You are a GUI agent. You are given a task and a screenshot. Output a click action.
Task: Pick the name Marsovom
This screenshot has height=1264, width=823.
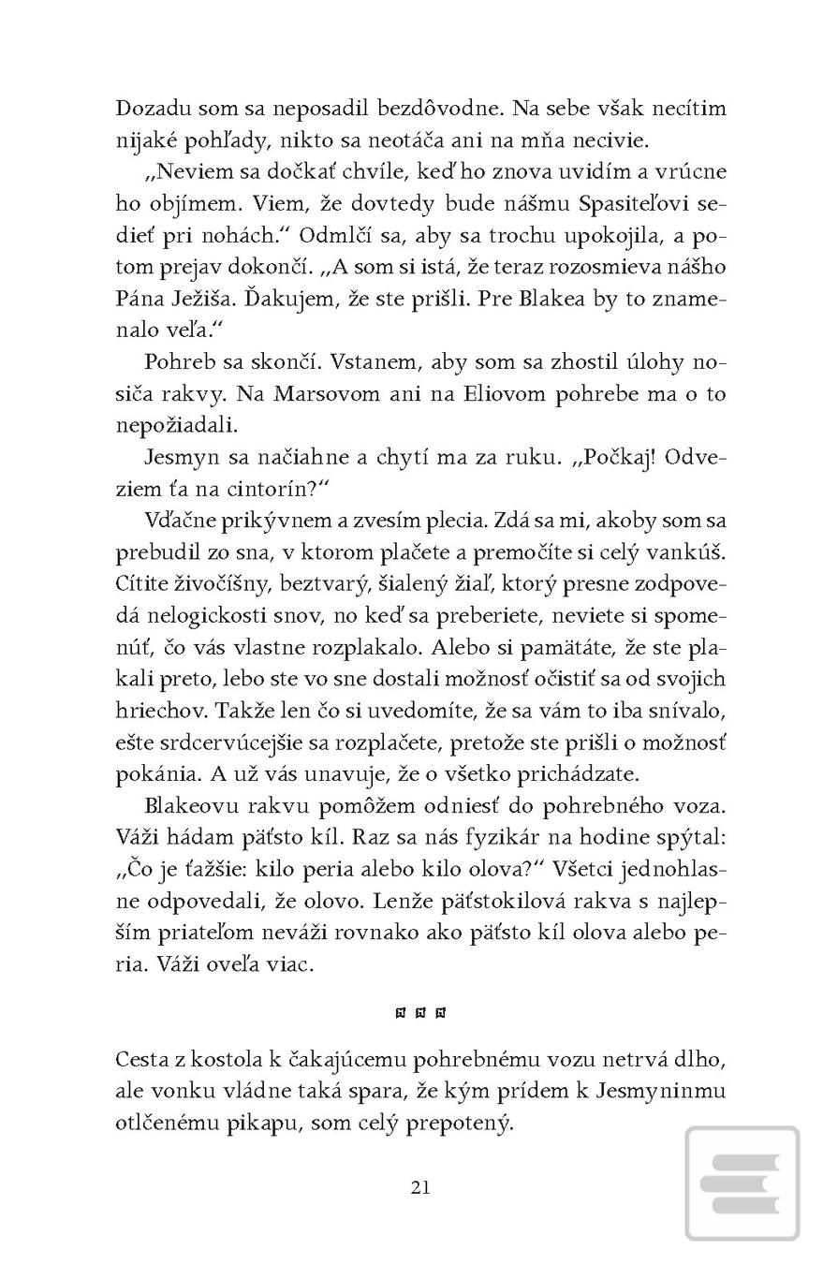click(321, 393)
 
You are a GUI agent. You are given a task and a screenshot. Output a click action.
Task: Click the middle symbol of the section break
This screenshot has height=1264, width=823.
click(420, 1012)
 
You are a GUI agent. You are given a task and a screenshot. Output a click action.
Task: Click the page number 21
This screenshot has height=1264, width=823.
click(420, 1187)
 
